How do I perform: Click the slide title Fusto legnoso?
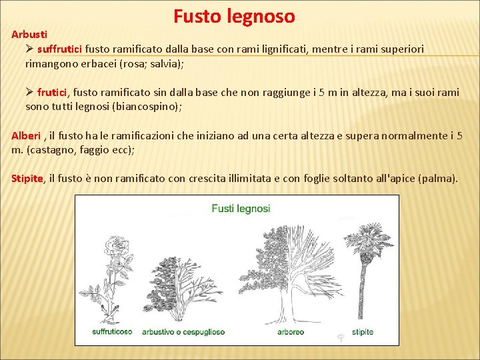[234, 16]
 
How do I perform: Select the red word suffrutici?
[60, 49]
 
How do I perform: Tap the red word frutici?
[52, 93]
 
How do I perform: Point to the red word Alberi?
[26, 135]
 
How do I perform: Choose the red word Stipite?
[27, 178]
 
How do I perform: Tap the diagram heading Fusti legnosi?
[241, 208]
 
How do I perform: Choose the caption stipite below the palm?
[363, 331]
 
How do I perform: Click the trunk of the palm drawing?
[363, 293]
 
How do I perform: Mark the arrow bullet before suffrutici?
[29, 49]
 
